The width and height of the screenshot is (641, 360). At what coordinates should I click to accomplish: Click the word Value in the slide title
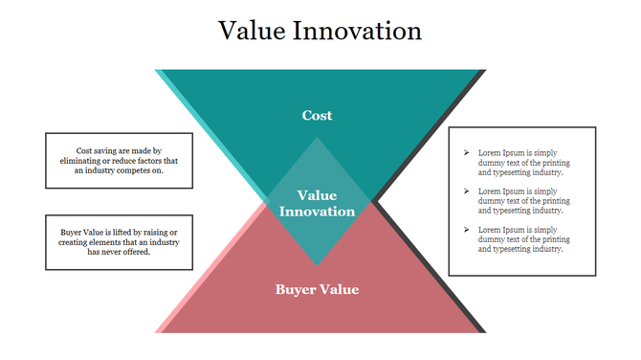(x=252, y=31)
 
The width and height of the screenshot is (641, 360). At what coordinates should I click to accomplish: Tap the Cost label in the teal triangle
(x=317, y=115)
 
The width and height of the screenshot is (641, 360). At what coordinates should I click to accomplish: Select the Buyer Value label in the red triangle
(x=317, y=289)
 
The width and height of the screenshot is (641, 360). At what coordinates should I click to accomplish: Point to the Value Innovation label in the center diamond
(x=317, y=202)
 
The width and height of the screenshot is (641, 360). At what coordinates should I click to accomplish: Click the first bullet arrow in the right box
(x=466, y=153)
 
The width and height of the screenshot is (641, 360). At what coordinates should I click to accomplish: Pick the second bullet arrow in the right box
(x=466, y=191)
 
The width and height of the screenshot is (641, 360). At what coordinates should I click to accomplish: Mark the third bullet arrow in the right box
(x=466, y=230)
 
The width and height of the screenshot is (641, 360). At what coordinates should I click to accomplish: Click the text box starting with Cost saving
(x=119, y=161)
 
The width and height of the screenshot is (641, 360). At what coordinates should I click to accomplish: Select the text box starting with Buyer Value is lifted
(x=119, y=242)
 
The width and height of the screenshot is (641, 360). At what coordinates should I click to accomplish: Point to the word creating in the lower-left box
(x=84, y=242)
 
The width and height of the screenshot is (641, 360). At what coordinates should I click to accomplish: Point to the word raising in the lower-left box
(x=156, y=233)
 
